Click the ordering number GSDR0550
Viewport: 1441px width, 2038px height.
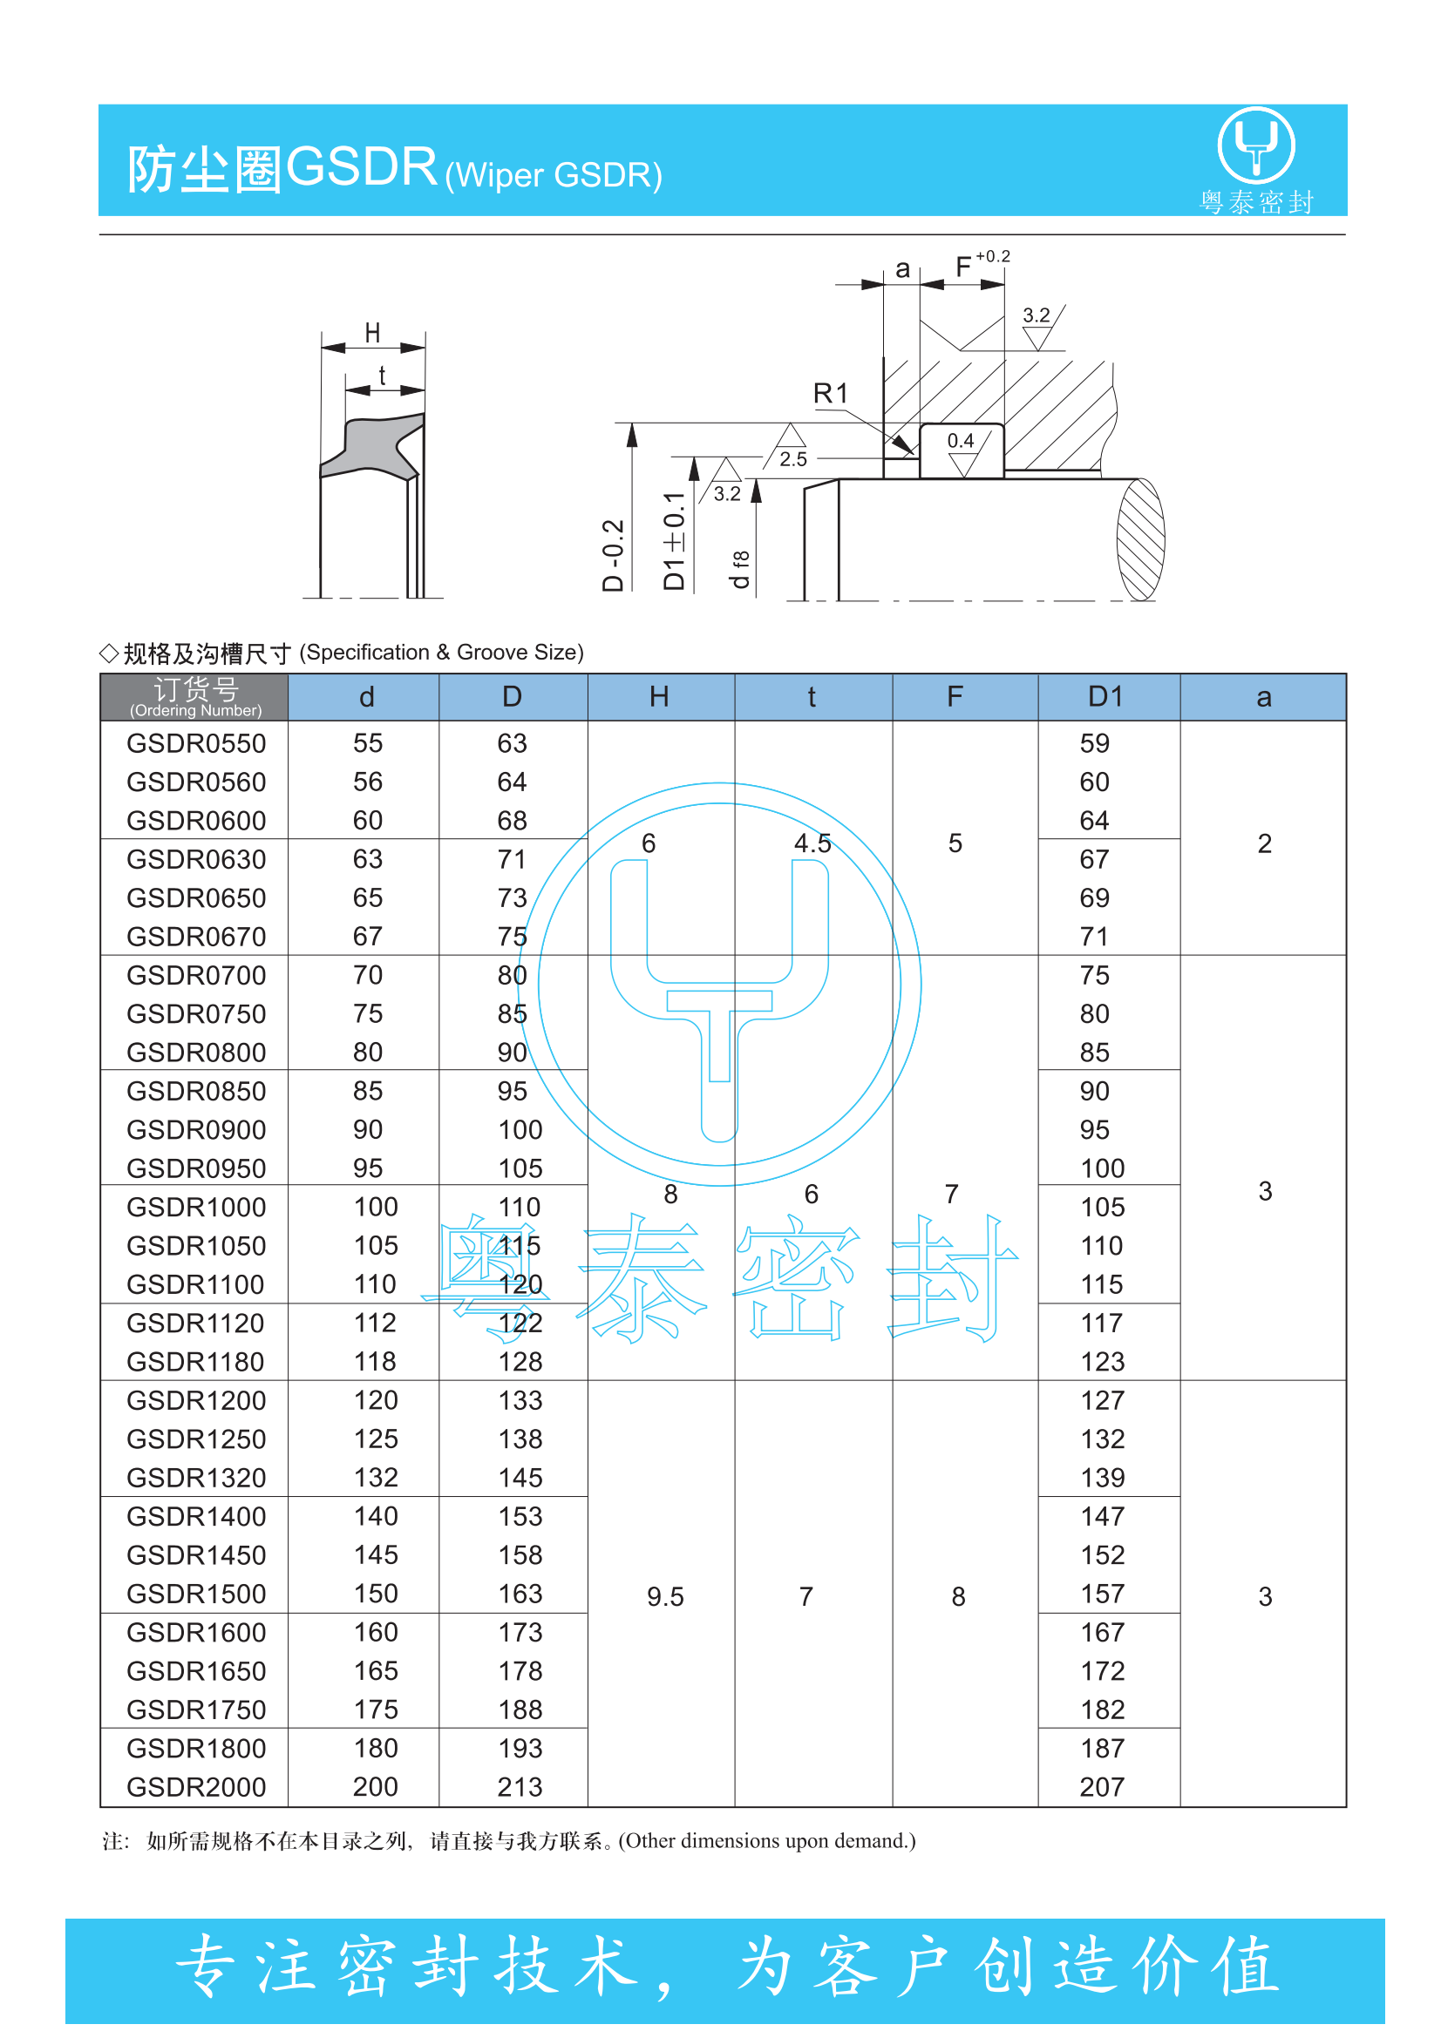[196, 743]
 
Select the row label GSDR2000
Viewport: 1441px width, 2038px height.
[196, 1787]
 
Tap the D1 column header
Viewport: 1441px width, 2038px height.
[1106, 697]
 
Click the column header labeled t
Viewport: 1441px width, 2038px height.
[812, 697]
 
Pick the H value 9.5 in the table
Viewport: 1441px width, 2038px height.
[665, 1597]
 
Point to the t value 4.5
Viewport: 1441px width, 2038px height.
[812, 843]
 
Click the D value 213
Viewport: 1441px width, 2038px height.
[520, 1787]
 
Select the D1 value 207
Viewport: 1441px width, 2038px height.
[1103, 1787]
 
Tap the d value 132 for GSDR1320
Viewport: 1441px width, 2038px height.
[376, 1478]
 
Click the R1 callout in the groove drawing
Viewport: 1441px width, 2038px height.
[831, 393]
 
